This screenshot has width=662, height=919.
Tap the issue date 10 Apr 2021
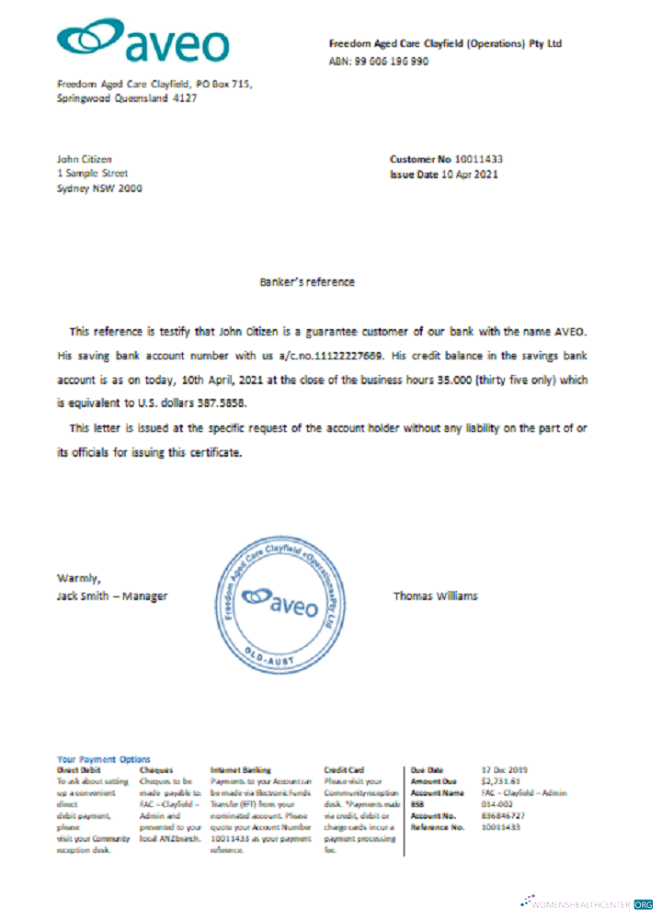coord(469,174)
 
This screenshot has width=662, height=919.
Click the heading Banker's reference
coord(307,282)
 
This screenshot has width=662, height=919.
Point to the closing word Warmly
coord(77,578)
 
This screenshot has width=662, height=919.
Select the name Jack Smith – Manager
coord(112,596)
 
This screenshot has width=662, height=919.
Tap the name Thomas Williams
coord(435,596)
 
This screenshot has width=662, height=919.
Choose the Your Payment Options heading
coord(103,759)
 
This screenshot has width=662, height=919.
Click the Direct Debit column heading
coord(79,769)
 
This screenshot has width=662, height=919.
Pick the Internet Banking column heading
coord(241,769)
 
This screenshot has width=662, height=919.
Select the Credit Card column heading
coord(345,769)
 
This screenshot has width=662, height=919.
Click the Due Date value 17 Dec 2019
coord(505,769)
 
